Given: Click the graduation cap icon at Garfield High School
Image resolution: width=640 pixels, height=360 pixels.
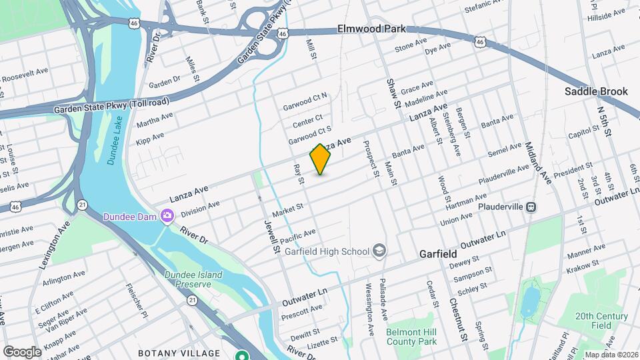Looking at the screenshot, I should (x=379, y=251).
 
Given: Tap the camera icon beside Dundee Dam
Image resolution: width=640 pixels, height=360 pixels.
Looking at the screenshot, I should (x=166, y=215).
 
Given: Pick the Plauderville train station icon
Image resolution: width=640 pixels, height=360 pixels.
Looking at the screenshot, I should (x=531, y=207).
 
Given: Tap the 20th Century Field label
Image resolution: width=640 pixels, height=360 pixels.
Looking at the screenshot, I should (x=594, y=321).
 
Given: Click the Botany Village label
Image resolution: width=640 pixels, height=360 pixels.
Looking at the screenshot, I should (x=179, y=353).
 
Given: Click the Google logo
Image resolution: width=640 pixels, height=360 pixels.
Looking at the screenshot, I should (x=22, y=351).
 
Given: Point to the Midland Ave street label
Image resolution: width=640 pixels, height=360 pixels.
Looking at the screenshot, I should (x=538, y=163).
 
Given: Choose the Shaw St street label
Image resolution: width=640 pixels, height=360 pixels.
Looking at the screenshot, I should (x=393, y=93).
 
